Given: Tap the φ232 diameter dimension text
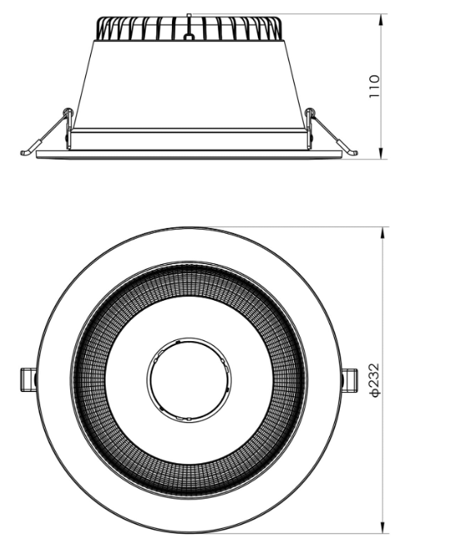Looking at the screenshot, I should tap(374, 381).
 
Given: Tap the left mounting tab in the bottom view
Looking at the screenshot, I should tap(28, 379).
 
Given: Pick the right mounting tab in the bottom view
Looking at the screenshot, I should tap(350, 379).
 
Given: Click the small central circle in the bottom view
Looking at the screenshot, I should tap(188, 379).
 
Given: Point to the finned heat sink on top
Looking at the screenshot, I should tap(188, 30).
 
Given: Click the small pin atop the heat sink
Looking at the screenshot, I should tap(188, 16).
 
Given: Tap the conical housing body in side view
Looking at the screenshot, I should tap(188, 82).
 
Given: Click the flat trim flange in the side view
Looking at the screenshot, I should tap(188, 154).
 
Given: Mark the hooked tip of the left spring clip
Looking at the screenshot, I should tap(25, 152).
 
